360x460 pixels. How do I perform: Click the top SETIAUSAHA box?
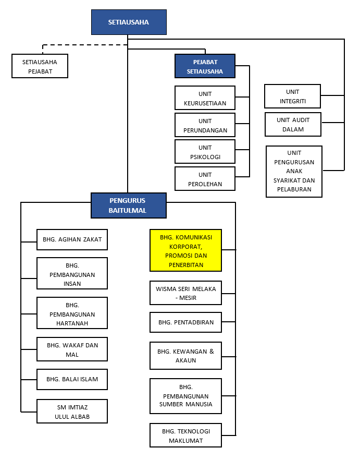pos(129,22)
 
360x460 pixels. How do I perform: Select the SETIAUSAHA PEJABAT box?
pos(40,66)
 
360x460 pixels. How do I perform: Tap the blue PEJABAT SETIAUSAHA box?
pos(205,66)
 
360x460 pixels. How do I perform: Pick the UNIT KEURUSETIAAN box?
pos(205,98)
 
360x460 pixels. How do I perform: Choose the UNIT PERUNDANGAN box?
pos(205,125)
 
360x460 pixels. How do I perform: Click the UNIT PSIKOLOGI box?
pos(205,152)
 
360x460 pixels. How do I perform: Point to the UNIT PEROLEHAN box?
pos(205,179)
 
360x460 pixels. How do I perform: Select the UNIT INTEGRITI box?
pos(293,96)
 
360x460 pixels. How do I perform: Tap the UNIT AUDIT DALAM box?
pos(293,124)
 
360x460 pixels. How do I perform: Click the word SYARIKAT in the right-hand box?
pos(286,180)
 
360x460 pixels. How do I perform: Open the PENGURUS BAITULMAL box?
pos(129,205)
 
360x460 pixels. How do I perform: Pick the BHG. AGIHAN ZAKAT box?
pos(72,240)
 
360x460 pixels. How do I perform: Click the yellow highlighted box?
pos(186,250)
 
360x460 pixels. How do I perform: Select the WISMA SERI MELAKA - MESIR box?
pos(186,293)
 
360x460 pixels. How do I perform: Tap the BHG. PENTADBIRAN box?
pos(186,322)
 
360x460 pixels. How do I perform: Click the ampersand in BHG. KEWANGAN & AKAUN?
pos(212,351)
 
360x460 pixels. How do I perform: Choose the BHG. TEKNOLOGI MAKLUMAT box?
pos(186,435)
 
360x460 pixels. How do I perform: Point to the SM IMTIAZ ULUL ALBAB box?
pos(72,411)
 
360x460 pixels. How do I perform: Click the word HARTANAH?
pos(72,323)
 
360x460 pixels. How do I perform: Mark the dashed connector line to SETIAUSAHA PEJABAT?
pos(85,45)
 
